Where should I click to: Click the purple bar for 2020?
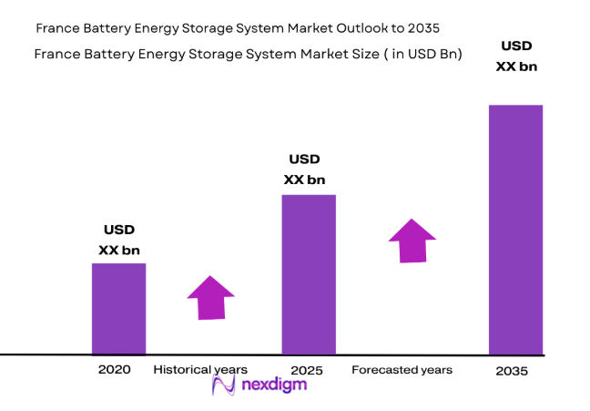pos(118,308)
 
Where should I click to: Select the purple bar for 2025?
pos(308,274)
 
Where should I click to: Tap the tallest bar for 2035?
pos(515,230)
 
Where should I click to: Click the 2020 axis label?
pos(115,369)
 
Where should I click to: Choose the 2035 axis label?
pos(512,372)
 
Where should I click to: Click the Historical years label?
pos(200,369)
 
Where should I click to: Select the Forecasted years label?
pos(402,369)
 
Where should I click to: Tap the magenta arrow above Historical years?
pos(210,297)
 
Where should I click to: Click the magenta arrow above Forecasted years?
pos(412,241)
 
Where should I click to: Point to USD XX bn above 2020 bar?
pos(119,240)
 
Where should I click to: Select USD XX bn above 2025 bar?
pos(304,170)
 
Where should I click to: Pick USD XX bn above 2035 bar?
pos(516,55)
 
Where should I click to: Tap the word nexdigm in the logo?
pos(274,385)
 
